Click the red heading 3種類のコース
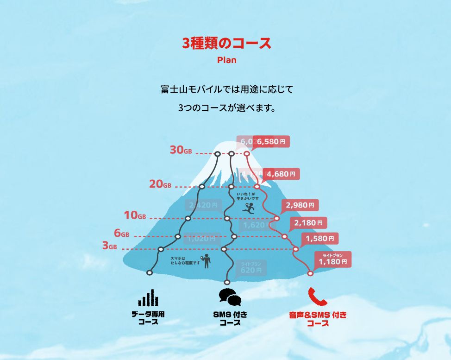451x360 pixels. [x=226, y=44]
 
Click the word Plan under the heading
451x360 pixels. [x=226, y=60]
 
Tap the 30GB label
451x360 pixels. [x=181, y=150]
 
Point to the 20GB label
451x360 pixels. [x=160, y=184]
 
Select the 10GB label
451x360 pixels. [x=135, y=215]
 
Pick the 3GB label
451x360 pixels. [x=110, y=246]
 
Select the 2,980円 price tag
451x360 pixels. [x=300, y=205]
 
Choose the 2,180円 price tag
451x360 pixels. [x=307, y=223]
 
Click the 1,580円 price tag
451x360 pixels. [x=320, y=239]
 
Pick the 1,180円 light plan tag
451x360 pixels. [x=332, y=259]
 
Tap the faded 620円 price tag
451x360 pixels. [x=251, y=268]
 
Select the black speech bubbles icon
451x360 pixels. [x=230, y=297]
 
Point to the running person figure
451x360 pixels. [x=249, y=208]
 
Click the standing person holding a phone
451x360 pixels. [x=206, y=261]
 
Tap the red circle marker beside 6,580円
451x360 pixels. [x=247, y=153]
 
